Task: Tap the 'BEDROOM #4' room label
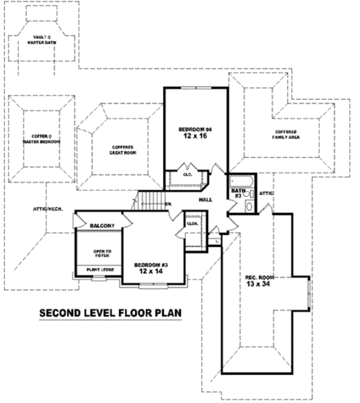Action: click(x=196, y=130)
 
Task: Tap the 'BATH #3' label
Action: click(x=238, y=193)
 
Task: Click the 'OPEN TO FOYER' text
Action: click(x=100, y=254)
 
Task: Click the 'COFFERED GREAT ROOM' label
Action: click(x=122, y=149)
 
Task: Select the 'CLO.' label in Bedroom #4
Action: click(x=187, y=175)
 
